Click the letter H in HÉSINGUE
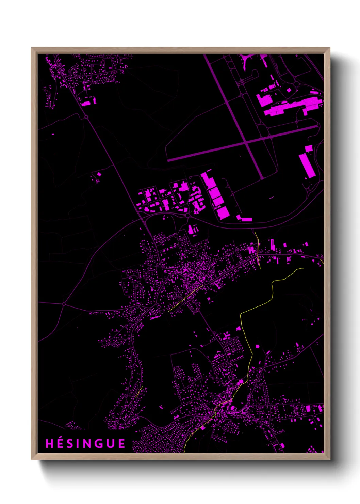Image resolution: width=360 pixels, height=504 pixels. pyautogui.click(x=49, y=444)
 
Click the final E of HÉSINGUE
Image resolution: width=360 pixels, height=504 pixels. pyautogui.click(x=121, y=444)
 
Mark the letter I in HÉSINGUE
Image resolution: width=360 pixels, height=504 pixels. pyautogui.click(x=77, y=444)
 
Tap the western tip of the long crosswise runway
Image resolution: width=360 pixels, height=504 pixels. pyautogui.click(x=168, y=160)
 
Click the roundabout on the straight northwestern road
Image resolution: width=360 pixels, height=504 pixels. pyautogui.click(x=86, y=117)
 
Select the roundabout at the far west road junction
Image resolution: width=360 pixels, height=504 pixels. pyautogui.click(x=64, y=303)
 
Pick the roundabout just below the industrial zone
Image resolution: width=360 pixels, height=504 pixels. pyautogui.click(x=187, y=215)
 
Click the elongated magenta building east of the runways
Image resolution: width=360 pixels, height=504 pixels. pyautogui.click(x=306, y=166)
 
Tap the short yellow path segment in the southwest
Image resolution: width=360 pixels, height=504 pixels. pyautogui.click(x=138, y=392)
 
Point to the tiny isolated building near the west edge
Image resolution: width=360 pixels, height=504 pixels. pyautogui.click(x=53, y=134)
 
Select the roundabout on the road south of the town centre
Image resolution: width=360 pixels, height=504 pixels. pyautogui.click(x=214, y=333)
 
